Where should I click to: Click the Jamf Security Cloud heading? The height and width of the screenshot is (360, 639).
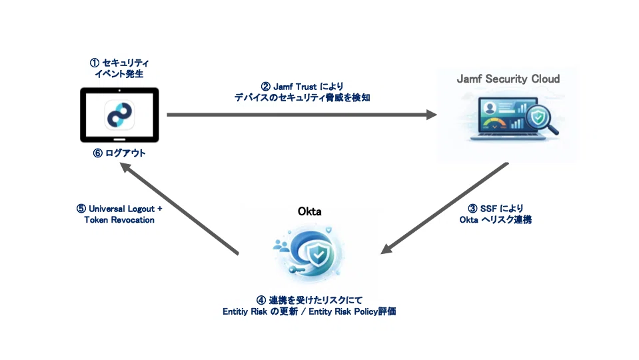508,79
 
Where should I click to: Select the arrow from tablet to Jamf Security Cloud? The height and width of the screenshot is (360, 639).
301,115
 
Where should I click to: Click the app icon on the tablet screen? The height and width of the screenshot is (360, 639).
120,115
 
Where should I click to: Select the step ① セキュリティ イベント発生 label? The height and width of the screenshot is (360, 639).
120,69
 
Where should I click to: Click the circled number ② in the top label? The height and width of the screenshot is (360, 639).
265,86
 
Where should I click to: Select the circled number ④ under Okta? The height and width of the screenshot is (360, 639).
262,300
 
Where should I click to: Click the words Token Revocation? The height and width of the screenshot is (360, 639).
119,220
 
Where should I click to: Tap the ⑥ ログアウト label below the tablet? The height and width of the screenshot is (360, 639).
120,153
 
